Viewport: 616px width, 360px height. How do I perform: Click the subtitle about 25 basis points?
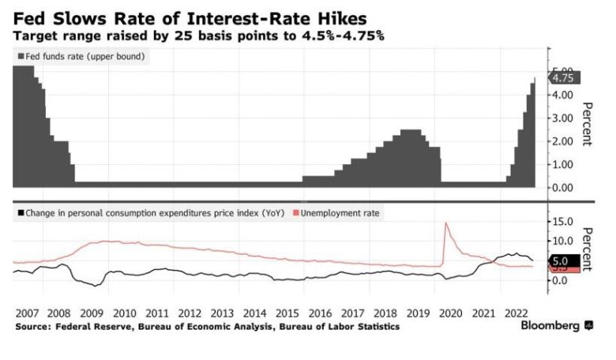[198, 36]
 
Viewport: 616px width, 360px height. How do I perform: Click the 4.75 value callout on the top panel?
[565, 78]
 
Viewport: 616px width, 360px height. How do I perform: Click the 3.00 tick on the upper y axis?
[562, 118]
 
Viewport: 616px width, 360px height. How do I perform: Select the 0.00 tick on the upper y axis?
[562, 188]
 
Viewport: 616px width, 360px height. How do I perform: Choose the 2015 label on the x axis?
[288, 313]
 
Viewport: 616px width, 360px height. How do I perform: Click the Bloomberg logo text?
[552, 325]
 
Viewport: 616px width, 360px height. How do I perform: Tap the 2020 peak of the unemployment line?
[447, 223]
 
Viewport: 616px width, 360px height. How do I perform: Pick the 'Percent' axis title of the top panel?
[587, 124]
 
